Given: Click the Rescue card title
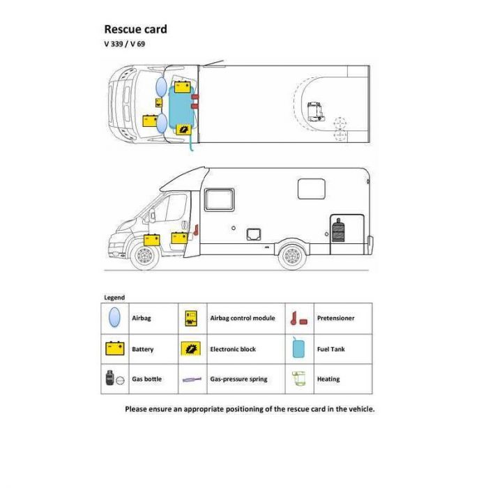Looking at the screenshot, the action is [x=135, y=29].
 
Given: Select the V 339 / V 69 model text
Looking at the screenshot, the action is [x=125, y=44].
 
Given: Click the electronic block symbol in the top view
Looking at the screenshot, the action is [x=183, y=130].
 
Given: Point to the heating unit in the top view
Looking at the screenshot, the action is [x=315, y=112].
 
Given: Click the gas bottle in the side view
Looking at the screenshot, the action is [x=338, y=230].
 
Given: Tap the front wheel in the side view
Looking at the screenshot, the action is [x=145, y=256].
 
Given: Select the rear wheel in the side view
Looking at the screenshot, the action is [x=292, y=256].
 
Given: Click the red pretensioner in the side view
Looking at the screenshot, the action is [x=196, y=230].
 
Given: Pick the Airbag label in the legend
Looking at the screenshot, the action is [x=142, y=318].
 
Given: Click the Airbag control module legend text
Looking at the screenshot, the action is [x=243, y=318].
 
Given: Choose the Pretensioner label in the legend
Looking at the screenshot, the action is [x=335, y=318].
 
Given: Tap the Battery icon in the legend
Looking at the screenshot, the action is [x=115, y=349].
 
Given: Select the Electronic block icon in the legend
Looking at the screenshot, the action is [x=191, y=349].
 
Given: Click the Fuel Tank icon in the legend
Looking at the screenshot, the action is [x=298, y=348].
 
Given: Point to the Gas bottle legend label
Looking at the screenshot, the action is [x=146, y=379].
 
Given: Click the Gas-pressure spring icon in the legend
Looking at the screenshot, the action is [x=192, y=379].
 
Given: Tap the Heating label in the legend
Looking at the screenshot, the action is [x=328, y=379].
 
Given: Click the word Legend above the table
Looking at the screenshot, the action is [x=114, y=298].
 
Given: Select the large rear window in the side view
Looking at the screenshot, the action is [x=311, y=189].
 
